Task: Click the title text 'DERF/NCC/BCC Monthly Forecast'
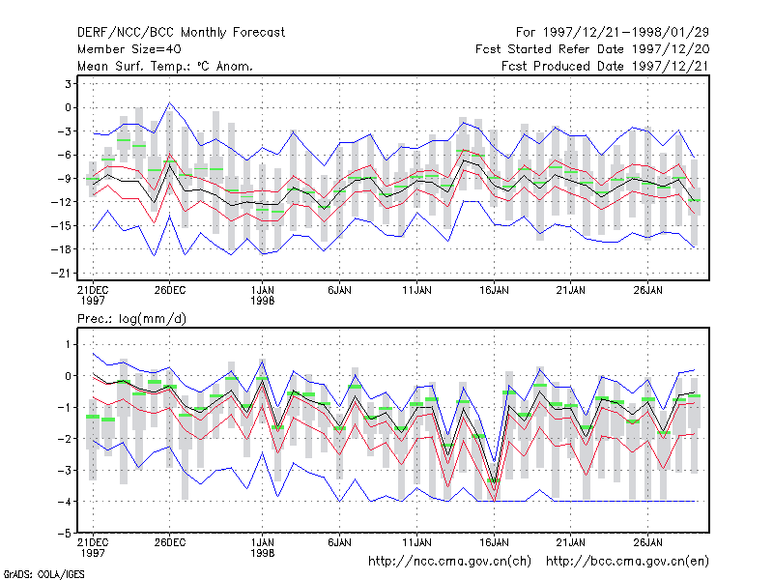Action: click(x=181, y=33)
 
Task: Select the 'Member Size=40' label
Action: click(x=129, y=49)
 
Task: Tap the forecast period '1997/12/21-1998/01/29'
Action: click(x=625, y=33)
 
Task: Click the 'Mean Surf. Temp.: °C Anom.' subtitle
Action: click(x=165, y=66)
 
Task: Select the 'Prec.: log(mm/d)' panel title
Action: click(x=131, y=319)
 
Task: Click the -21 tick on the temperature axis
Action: click(x=64, y=274)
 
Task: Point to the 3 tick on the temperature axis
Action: click(x=68, y=84)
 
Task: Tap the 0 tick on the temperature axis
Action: click(x=68, y=107)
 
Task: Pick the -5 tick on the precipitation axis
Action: click(x=65, y=534)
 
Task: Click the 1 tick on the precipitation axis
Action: click(x=68, y=344)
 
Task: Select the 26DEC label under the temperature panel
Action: click(x=170, y=291)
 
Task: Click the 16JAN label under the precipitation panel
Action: click(x=494, y=543)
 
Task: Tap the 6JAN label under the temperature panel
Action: click(x=340, y=291)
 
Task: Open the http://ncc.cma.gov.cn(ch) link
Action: click(x=449, y=562)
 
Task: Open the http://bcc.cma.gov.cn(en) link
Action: click(x=627, y=562)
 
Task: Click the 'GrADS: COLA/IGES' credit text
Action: click(x=43, y=574)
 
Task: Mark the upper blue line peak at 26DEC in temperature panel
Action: click(x=170, y=102)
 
